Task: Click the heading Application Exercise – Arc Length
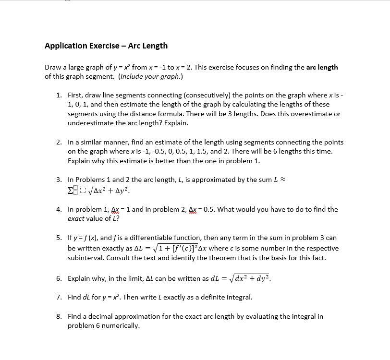click(106, 46)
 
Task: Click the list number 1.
click(59, 95)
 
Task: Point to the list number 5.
click(59, 238)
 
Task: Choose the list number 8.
click(59, 316)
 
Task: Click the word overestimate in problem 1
click(312, 114)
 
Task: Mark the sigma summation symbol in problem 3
click(71, 191)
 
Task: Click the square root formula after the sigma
click(109, 191)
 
